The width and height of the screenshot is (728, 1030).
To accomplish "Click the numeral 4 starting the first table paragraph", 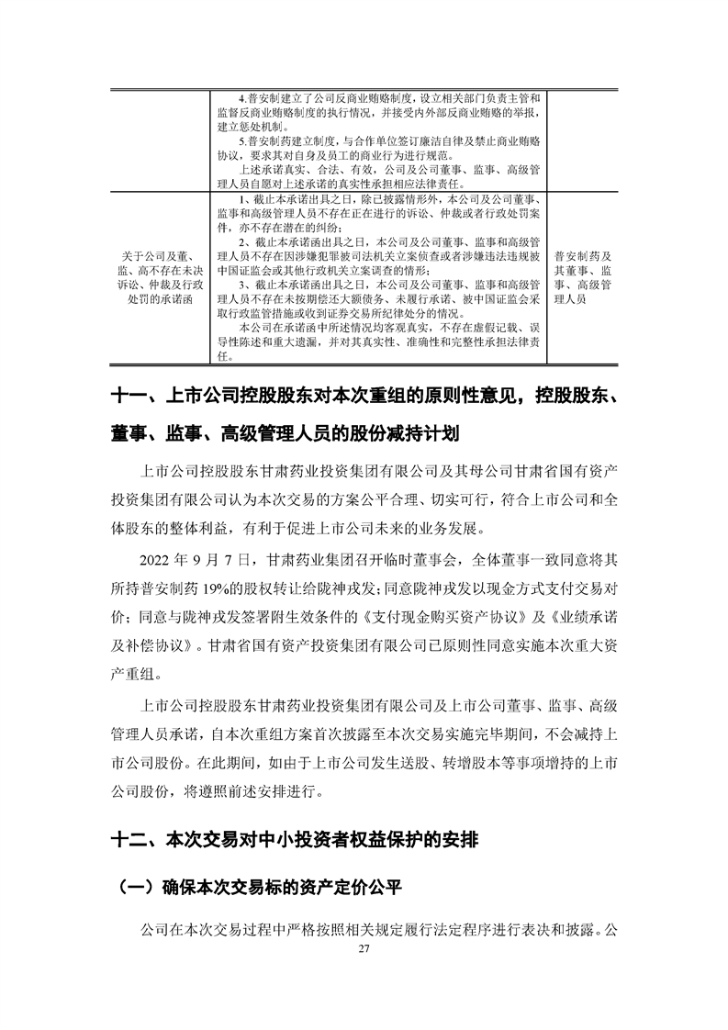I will point(241,98).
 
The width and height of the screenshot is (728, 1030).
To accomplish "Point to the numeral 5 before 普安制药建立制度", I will point(241,140).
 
